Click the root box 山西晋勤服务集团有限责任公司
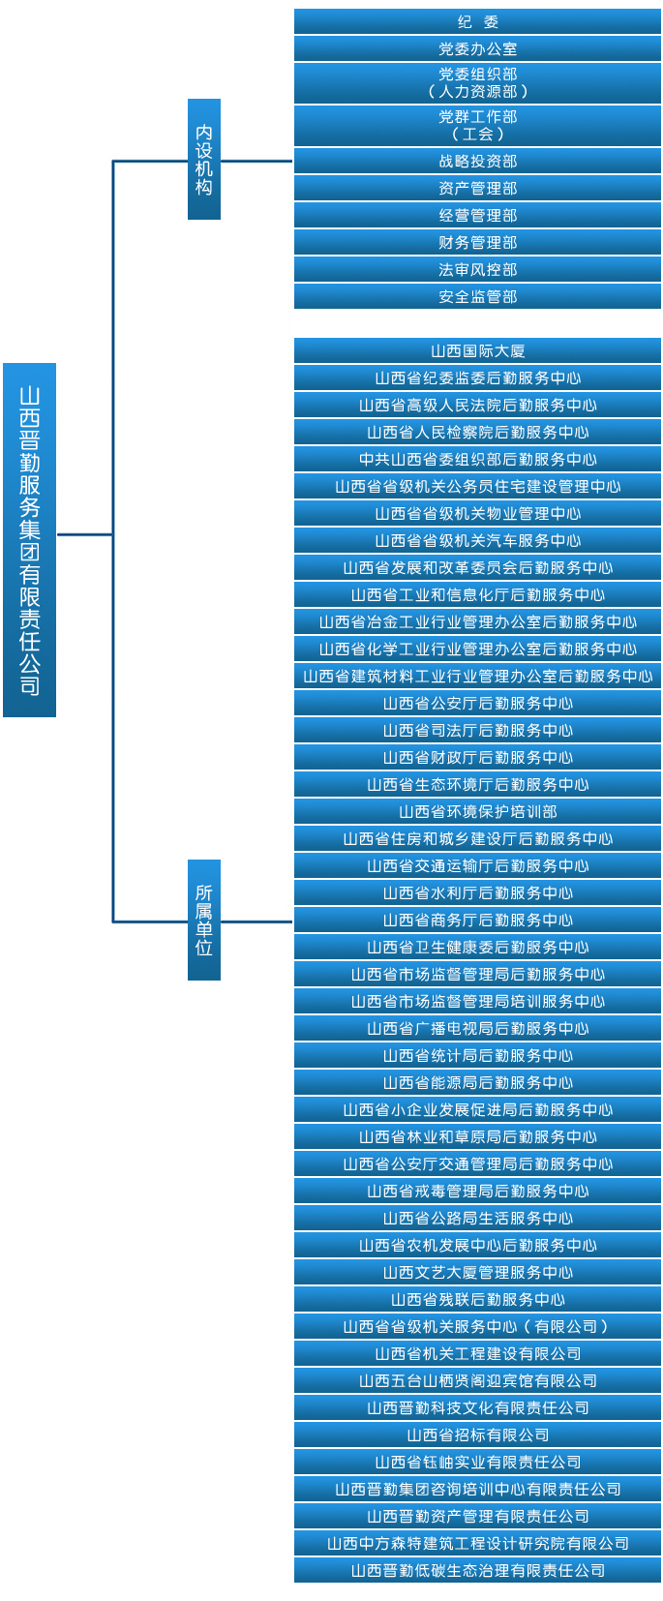tap(29, 540)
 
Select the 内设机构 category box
tap(204, 160)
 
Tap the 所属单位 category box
tap(204, 920)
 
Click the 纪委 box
tap(477, 21)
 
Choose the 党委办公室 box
tap(477, 48)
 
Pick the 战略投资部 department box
tap(477, 161)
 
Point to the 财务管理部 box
tap(477, 242)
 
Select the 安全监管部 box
tap(477, 296)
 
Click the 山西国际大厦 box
tap(477, 350)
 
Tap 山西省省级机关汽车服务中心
tap(477, 540)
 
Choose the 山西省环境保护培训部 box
tap(477, 811)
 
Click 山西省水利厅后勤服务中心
tap(477, 892)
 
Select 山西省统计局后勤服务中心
tap(477, 1055)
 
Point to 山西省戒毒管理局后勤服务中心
tap(477, 1191)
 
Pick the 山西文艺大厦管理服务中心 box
tap(477, 1272)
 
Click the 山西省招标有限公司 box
tap(477, 1435)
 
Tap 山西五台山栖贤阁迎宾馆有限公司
tap(477, 1380)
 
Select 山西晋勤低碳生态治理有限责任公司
tap(477, 1570)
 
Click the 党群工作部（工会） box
tap(477, 125)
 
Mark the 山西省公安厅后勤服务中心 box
tap(477, 703)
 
